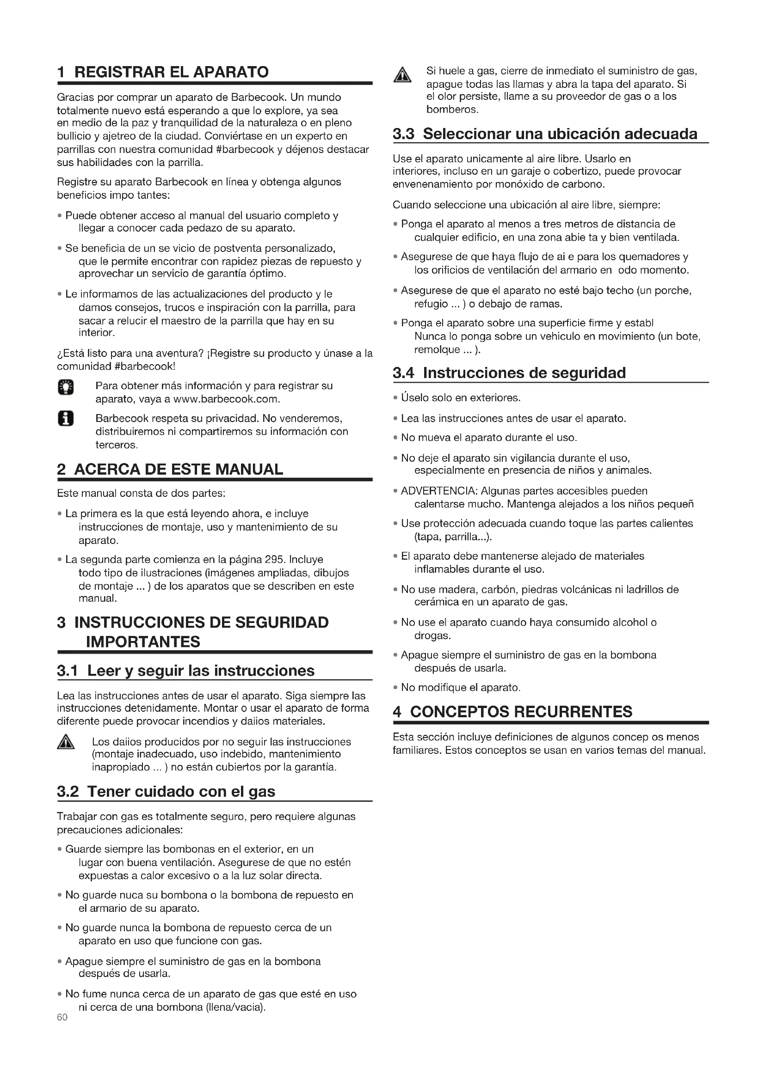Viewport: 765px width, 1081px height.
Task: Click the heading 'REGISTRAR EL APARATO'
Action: [172, 72]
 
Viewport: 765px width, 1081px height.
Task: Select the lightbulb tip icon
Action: [66, 387]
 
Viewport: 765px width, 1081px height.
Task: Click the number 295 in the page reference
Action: [275, 559]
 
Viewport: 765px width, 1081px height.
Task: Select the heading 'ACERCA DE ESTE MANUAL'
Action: [179, 470]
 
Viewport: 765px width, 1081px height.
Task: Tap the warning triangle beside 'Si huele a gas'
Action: [402, 75]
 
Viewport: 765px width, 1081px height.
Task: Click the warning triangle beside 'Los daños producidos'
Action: [66, 743]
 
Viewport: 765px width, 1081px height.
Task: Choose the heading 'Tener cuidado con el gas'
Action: [181, 791]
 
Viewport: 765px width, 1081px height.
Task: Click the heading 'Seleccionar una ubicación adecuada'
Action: [560, 134]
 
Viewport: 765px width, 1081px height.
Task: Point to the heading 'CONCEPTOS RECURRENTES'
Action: [521, 711]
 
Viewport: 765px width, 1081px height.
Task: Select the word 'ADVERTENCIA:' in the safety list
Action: [439, 491]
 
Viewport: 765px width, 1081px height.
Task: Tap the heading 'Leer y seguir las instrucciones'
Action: [201, 671]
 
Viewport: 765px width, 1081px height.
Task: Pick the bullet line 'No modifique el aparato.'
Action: [460, 687]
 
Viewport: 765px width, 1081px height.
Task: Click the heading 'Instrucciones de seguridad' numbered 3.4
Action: [524, 373]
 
